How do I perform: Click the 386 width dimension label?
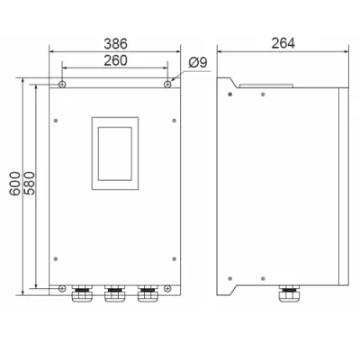click(115, 44)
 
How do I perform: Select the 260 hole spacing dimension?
click(115, 60)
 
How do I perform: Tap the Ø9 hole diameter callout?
click(198, 63)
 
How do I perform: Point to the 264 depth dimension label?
click(283, 43)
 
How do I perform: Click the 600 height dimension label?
click(14, 184)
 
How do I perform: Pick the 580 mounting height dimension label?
click(30, 184)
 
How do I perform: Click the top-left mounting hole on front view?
click(62, 85)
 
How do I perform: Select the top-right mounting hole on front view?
click(167, 85)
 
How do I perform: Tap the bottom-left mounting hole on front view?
click(62, 289)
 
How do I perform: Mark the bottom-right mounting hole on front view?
click(167, 289)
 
